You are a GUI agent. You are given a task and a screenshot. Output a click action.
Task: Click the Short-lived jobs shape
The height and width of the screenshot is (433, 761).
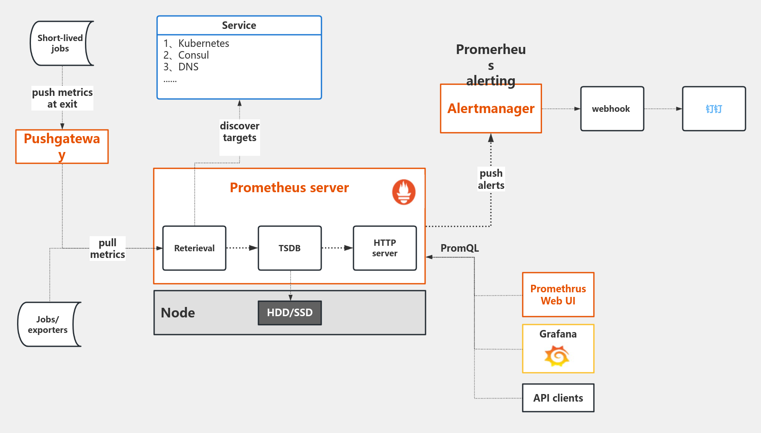[61, 44]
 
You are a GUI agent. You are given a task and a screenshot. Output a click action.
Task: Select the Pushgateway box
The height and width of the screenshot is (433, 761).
[62, 147]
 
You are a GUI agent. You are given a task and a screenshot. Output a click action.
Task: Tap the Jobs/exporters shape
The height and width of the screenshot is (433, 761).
[49, 325]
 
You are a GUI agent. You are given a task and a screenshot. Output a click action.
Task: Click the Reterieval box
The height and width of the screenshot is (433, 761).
[194, 248]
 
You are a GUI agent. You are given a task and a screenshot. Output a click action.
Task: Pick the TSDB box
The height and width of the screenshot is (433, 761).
[290, 248]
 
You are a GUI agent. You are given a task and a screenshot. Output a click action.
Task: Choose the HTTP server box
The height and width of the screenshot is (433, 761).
[385, 248]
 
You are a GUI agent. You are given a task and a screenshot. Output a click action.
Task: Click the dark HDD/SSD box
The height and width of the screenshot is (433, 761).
[290, 313]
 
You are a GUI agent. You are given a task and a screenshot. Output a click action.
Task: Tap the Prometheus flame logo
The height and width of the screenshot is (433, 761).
[404, 192]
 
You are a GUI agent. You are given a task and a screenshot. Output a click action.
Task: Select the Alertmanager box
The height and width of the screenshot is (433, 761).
[491, 109]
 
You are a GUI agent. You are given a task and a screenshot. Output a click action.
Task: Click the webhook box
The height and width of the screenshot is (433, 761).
[612, 109]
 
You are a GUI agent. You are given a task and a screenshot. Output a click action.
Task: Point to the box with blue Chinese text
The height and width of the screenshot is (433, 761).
[714, 109]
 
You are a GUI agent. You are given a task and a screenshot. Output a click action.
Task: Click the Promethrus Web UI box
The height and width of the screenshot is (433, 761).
[558, 295]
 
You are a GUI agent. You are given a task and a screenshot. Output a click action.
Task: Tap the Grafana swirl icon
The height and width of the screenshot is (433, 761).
[557, 356]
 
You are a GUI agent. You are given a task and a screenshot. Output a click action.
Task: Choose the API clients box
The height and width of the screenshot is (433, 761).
[558, 398]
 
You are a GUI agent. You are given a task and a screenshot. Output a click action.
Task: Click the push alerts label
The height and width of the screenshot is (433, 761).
[491, 179]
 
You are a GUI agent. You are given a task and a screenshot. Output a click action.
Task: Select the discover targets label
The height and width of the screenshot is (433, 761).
[240, 132]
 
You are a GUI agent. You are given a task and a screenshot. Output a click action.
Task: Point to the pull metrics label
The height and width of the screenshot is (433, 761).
[108, 249]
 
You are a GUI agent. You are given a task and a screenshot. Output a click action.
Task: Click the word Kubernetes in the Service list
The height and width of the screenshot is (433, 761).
[204, 44]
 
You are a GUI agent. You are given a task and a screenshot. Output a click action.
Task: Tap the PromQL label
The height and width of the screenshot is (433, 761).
[459, 248]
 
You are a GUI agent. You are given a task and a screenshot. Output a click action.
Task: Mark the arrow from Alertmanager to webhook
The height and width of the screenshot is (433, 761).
[561, 109]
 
